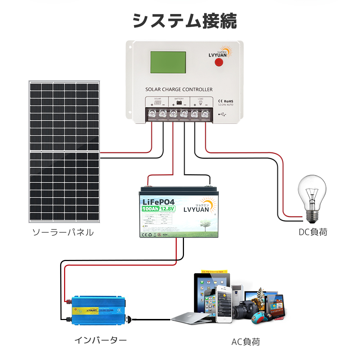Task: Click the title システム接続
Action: (185, 21)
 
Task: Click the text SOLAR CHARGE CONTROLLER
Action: (179, 89)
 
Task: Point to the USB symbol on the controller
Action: (222, 115)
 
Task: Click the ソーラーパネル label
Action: (63, 232)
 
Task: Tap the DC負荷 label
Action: (313, 232)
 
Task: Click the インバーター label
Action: (100, 340)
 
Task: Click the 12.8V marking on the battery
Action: (167, 209)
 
